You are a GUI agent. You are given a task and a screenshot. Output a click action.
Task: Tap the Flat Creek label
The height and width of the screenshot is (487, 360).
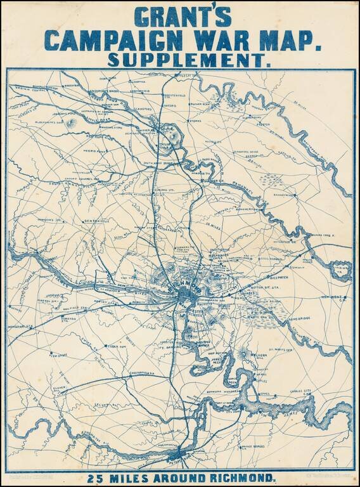coord(54,348)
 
